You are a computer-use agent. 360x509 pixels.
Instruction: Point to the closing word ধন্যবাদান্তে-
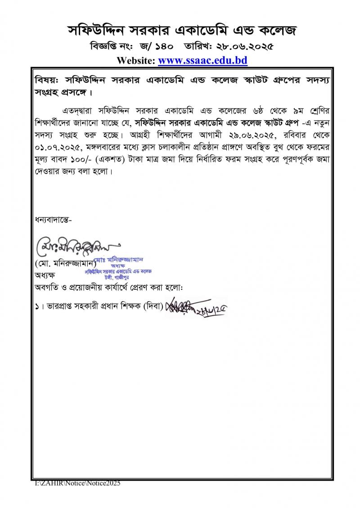tap(53, 220)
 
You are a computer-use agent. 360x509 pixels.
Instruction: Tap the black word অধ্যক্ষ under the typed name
tap(45, 275)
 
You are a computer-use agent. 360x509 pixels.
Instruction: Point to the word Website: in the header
tap(135, 60)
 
